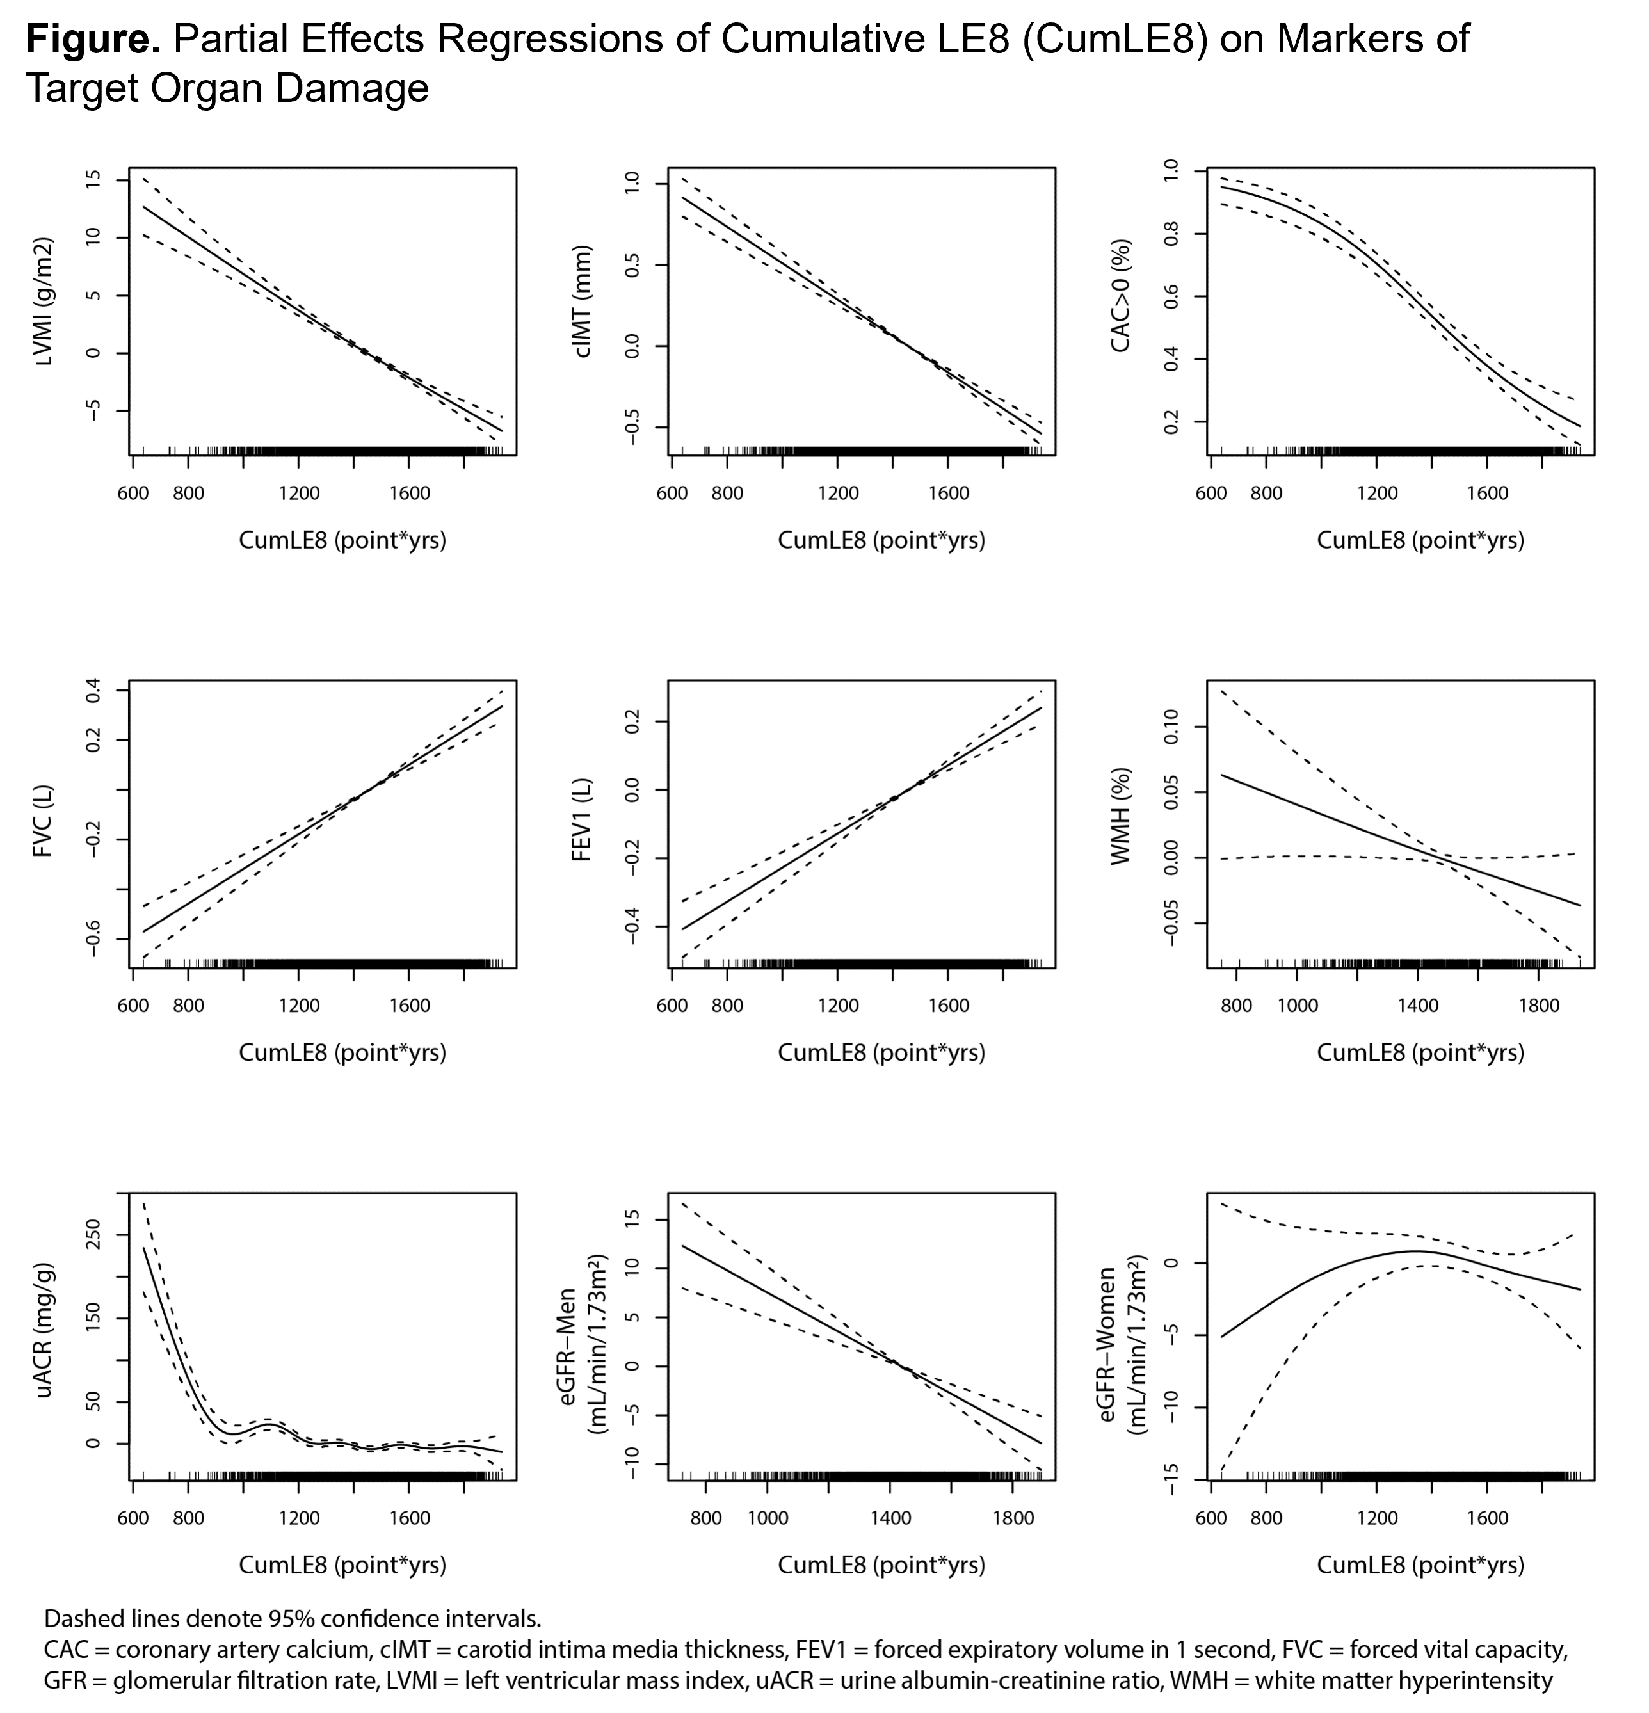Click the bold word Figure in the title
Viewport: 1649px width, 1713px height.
(x=93, y=39)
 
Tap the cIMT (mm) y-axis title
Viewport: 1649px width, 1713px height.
(x=584, y=302)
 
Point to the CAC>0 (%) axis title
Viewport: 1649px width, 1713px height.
(x=1121, y=296)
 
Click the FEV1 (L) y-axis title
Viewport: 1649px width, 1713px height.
(x=583, y=820)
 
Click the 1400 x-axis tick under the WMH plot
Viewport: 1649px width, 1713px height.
(x=1417, y=1006)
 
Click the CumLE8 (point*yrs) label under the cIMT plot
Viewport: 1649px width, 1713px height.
(x=881, y=541)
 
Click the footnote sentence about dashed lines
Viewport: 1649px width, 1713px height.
(x=292, y=1618)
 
